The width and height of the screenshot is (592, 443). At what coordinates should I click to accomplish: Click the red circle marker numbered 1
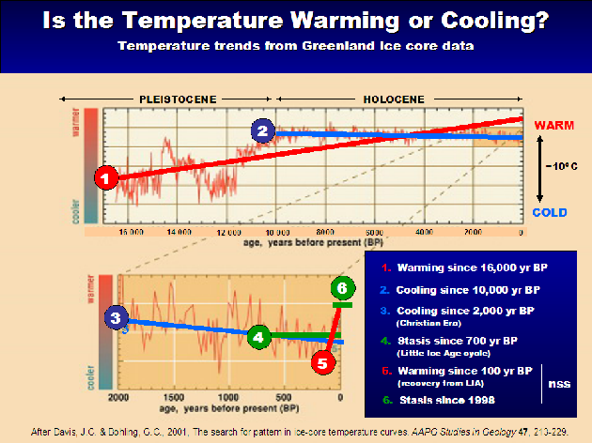tap(107, 176)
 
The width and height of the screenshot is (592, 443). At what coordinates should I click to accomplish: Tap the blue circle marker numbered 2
tap(263, 130)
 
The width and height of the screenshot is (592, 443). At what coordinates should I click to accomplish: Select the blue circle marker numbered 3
tap(117, 319)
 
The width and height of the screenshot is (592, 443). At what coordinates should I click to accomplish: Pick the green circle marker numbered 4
tap(258, 335)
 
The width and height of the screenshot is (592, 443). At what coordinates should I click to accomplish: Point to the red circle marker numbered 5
tap(324, 360)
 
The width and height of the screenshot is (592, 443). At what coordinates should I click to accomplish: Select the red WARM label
tap(553, 124)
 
